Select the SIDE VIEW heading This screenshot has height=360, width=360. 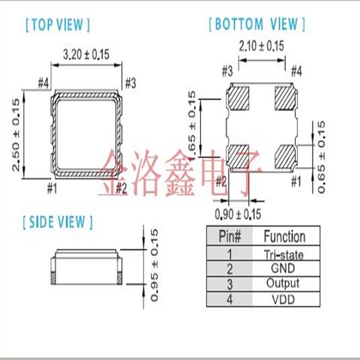click(58, 222)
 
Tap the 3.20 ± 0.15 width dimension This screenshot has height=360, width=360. click(85, 55)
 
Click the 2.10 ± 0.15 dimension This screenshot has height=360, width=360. click(260, 46)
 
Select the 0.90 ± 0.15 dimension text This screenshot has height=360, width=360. click(238, 214)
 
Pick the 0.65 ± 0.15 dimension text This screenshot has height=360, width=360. click(322, 155)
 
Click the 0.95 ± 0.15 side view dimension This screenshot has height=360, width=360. click(156, 265)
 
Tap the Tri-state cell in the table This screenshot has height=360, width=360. click(283, 254)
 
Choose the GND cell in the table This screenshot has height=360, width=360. click(283, 268)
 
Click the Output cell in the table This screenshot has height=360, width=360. click(283, 283)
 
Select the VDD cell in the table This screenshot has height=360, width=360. click(283, 298)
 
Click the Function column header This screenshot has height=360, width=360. click(283, 237)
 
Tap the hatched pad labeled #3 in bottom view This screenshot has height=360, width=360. click(238, 97)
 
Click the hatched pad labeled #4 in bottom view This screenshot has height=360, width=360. click(286, 97)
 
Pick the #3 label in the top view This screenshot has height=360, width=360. click(129, 82)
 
